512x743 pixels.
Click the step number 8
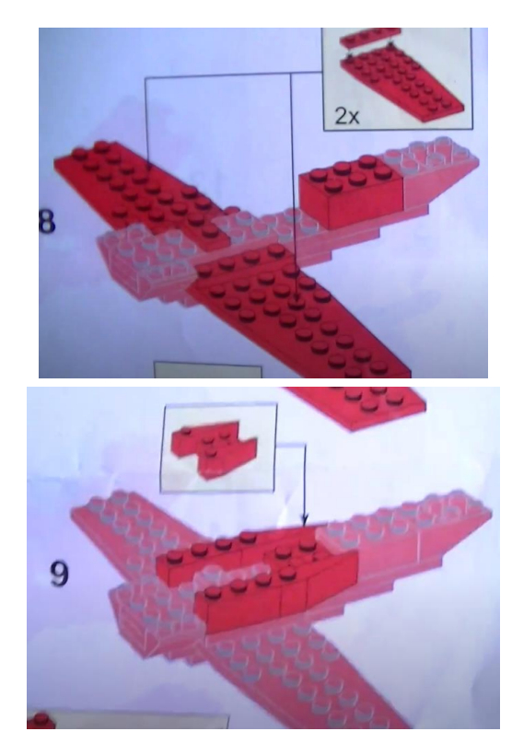click(47, 221)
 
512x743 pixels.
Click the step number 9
click(59, 574)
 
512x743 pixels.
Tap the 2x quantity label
click(347, 115)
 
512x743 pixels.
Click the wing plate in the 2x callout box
click(402, 82)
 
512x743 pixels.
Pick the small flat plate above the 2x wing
click(371, 36)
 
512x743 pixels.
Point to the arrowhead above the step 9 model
click(305, 520)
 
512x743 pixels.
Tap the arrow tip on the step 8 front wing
click(297, 299)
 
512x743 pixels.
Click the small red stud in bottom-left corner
click(41, 720)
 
